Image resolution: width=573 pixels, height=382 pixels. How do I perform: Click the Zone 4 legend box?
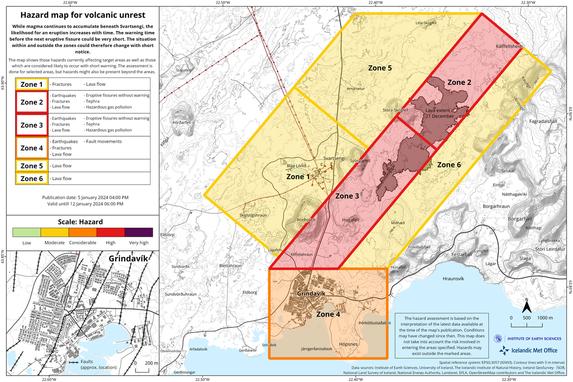click(x=32, y=148)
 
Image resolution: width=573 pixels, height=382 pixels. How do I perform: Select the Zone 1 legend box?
click(x=32, y=84)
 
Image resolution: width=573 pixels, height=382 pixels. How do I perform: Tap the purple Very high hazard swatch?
click(x=138, y=232)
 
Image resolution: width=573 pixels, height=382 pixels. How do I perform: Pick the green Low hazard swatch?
click(x=27, y=232)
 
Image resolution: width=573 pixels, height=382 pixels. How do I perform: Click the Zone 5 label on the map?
click(x=380, y=68)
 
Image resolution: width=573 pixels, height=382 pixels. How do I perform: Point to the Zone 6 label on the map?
click(x=449, y=165)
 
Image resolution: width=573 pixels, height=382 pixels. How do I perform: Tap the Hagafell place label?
click(x=350, y=219)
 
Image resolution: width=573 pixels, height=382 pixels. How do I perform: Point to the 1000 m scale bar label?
click(x=545, y=317)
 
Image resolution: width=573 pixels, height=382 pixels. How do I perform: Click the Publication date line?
click(x=85, y=197)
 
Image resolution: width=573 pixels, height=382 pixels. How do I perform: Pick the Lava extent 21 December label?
click(x=440, y=113)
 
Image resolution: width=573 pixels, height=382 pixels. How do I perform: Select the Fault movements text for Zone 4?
click(x=103, y=141)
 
